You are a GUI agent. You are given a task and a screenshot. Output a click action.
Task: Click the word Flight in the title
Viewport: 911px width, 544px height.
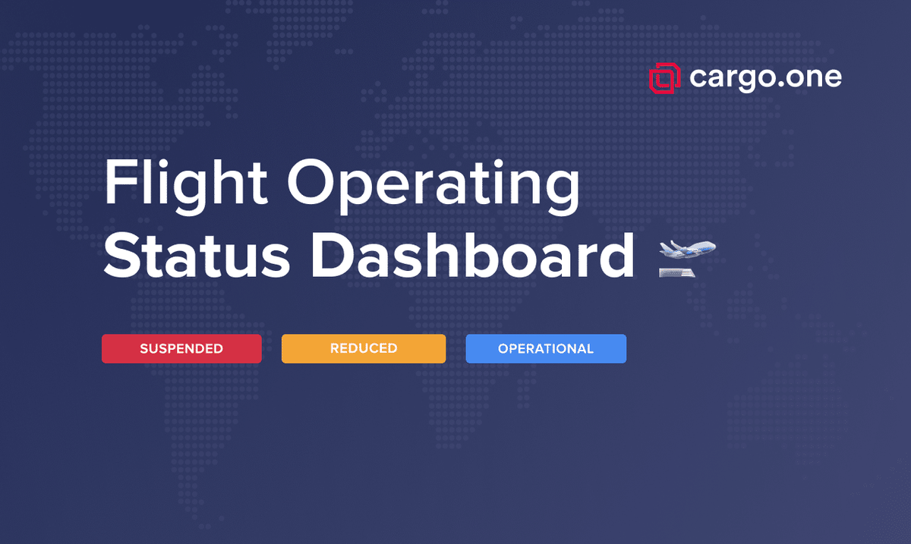[186, 184]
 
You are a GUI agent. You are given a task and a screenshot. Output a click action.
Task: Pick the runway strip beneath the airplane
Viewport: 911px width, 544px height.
[677, 272]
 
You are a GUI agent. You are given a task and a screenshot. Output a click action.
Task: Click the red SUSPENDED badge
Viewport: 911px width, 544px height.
[181, 349]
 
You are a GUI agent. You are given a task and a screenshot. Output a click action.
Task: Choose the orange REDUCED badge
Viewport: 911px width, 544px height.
[364, 349]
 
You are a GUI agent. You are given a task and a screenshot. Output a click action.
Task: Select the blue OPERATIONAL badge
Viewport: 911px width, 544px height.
[546, 349]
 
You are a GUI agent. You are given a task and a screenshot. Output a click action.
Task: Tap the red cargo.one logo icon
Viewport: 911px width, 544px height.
[664, 78]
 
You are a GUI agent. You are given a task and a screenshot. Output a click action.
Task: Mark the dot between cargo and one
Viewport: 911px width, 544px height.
[782, 86]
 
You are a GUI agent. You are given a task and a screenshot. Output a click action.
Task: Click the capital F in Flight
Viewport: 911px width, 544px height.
[119, 184]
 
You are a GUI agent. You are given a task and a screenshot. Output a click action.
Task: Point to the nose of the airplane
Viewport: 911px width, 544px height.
[713, 246]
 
